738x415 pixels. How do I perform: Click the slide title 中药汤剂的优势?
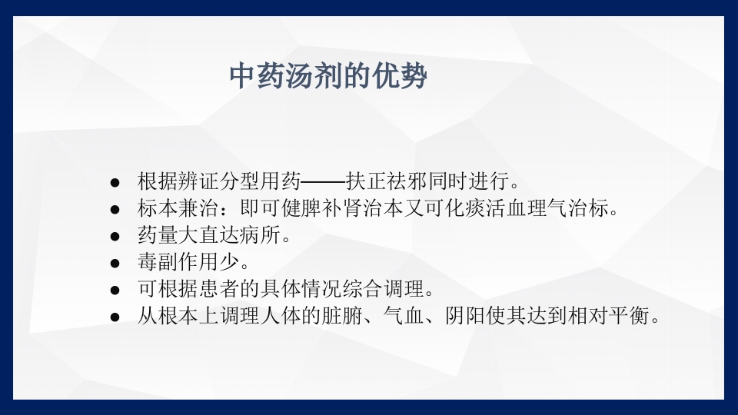click(328, 78)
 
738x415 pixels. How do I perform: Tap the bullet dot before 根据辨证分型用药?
click(115, 182)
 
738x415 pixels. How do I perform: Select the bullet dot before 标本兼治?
click(115, 209)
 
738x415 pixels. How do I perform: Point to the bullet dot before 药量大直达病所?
click(115, 236)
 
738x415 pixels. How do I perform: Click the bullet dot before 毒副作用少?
click(115, 263)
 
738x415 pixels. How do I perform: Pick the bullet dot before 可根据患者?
click(115, 290)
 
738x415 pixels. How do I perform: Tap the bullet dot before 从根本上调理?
click(115, 317)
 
